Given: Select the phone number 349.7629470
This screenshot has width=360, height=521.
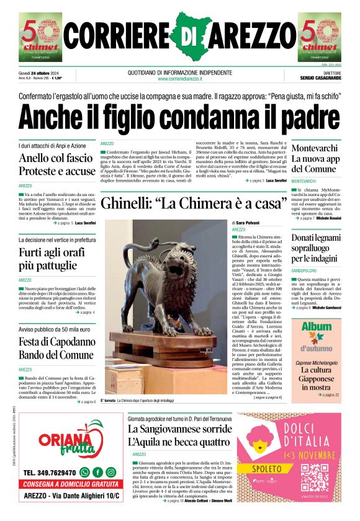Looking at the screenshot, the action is [x=50, y=473].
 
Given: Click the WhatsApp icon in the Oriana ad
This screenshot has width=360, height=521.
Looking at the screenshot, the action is [x=84, y=473].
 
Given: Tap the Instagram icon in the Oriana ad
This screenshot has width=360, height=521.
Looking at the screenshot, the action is [x=110, y=473].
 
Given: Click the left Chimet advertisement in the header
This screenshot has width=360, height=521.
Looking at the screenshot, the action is [x=40, y=37].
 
